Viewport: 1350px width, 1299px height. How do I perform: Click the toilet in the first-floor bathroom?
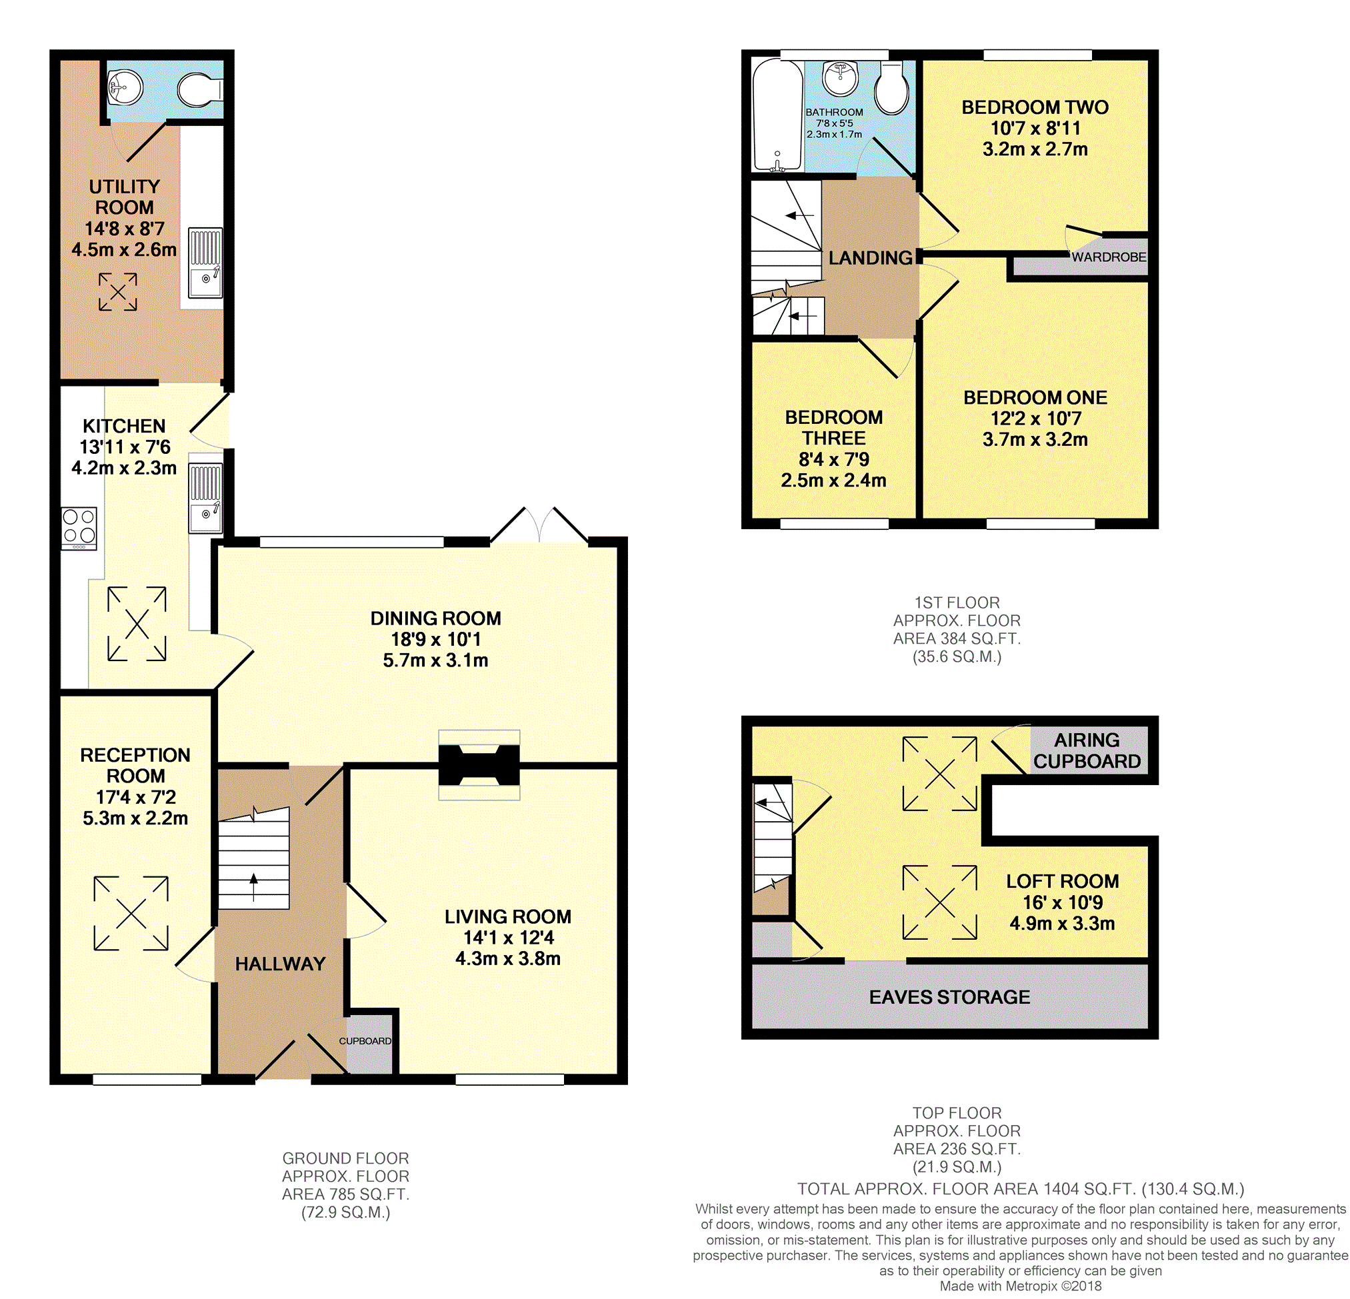pos(891,88)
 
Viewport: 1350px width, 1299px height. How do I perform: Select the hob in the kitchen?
pos(79,529)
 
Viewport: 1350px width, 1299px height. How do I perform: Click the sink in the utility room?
pos(205,263)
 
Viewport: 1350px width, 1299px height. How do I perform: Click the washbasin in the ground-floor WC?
pos(125,87)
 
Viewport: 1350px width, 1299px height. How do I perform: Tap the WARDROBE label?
pos(1108,257)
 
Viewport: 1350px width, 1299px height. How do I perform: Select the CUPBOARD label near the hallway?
pos(365,1040)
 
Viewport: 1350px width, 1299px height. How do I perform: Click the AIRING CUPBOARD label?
pos(1087,750)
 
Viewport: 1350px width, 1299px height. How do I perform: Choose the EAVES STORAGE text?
pos(949,996)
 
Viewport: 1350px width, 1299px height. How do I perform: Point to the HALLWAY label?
pos(280,964)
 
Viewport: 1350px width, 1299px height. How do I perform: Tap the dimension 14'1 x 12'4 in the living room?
pos(508,937)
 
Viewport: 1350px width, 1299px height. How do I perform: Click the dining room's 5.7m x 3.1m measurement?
pos(435,660)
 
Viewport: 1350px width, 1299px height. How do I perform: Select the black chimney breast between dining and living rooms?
pos(479,764)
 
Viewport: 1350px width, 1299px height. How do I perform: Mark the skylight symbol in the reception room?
pos(131,913)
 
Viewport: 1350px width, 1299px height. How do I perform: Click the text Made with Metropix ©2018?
pos(1020,1286)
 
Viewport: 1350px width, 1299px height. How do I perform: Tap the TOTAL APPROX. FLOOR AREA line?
pos(1021,1189)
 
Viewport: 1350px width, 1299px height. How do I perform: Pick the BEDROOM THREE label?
pos(833,428)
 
